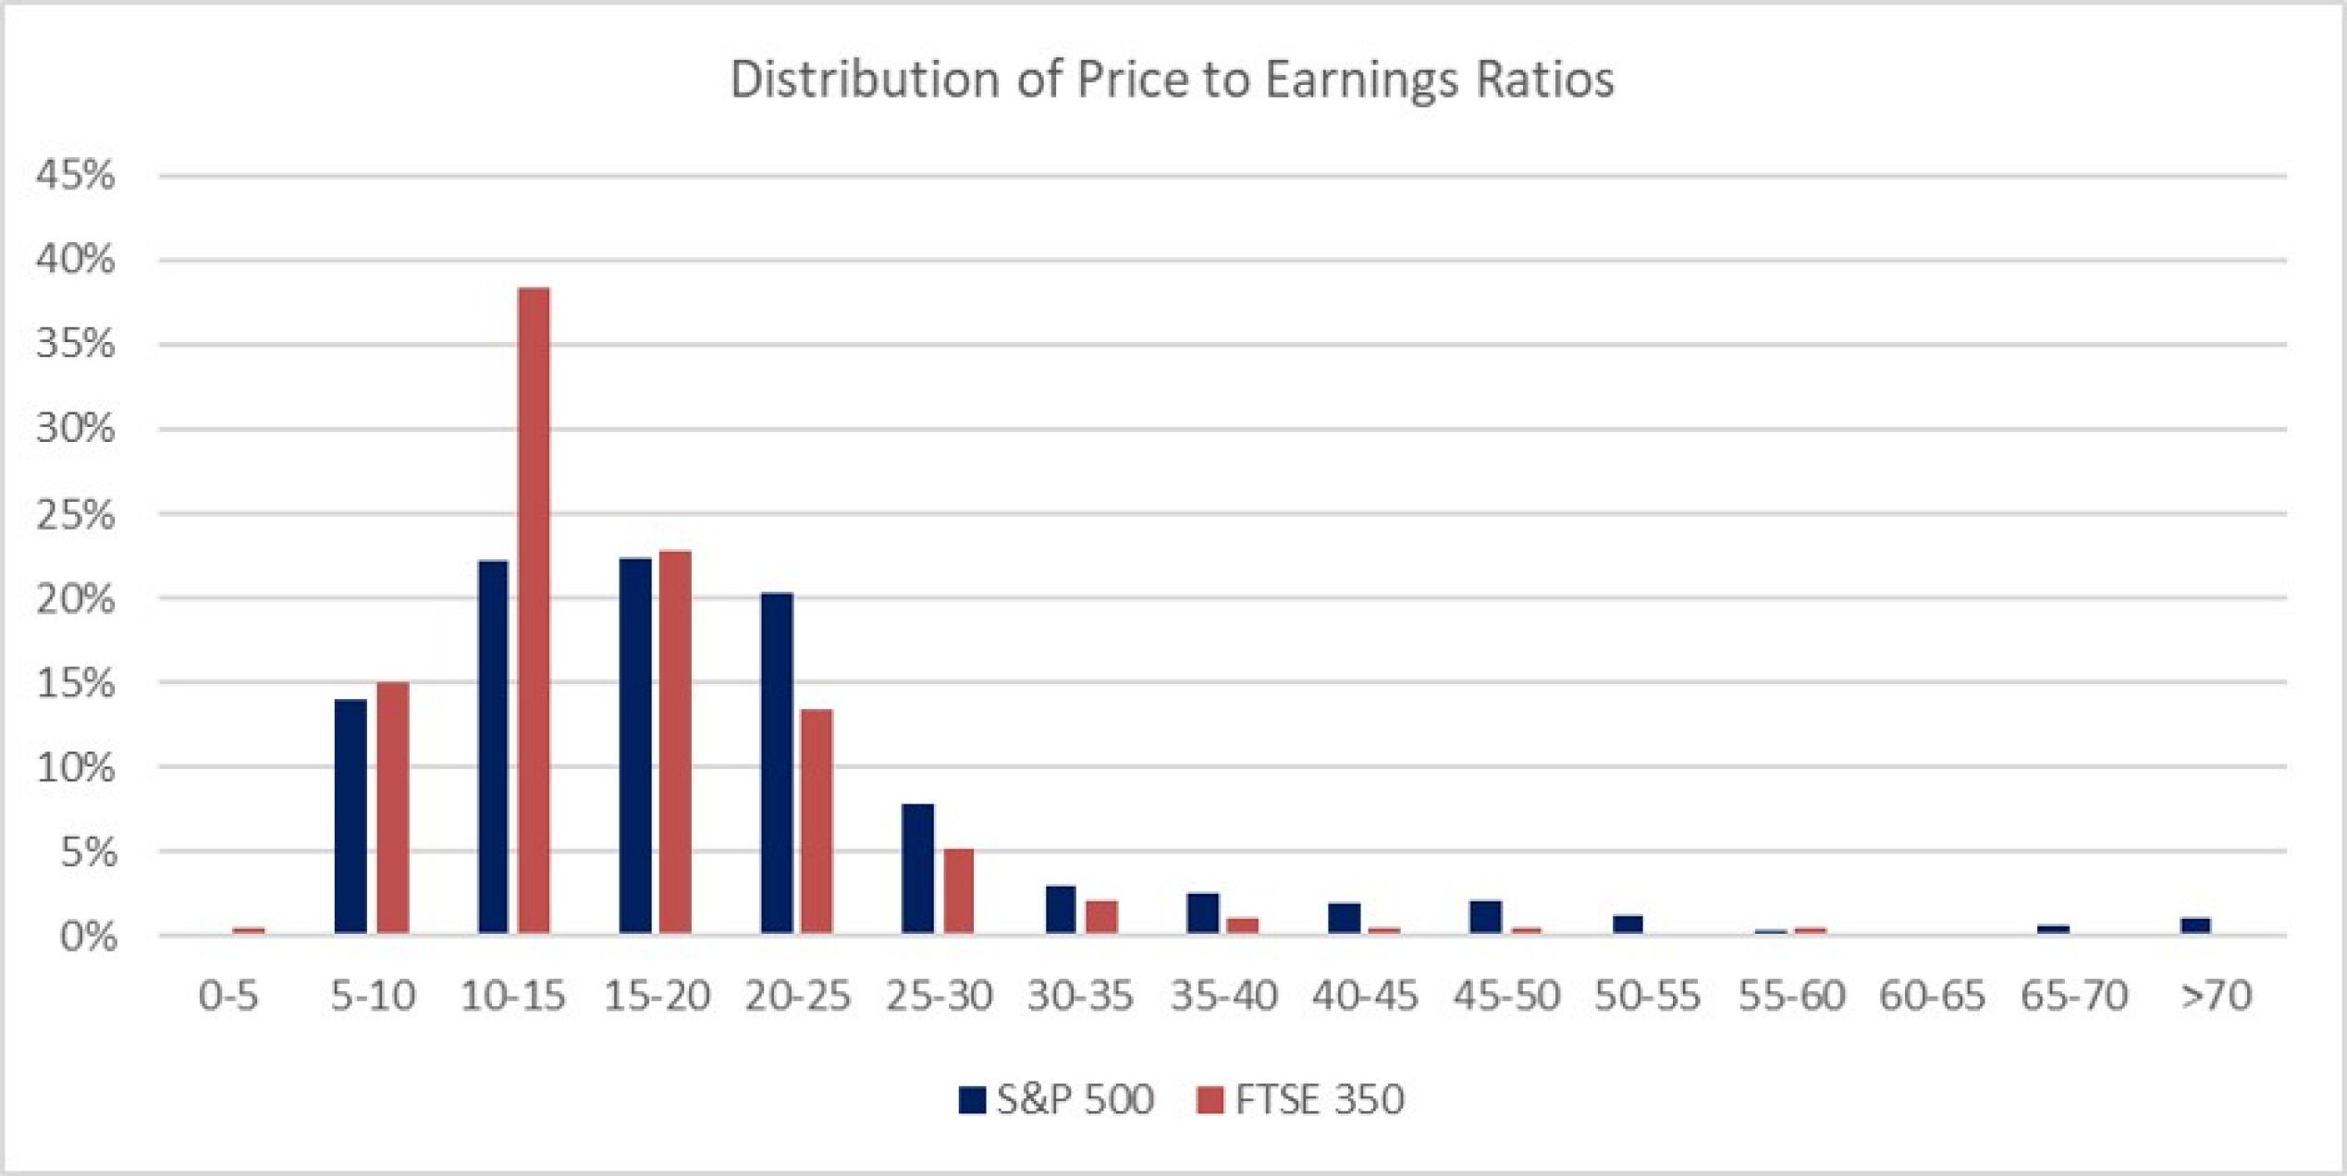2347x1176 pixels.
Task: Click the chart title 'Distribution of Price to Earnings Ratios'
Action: pyautogui.click(x=1172, y=80)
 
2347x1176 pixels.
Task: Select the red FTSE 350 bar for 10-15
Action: pyautogui.click(x=534, y=610)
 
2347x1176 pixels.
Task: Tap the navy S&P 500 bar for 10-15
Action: pyautogui.click(x=493, y=747)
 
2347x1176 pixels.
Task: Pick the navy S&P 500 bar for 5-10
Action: pyautogui.click(x=350, y=816)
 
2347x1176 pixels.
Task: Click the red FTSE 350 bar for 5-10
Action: pyautogui.click(x=392, y=807)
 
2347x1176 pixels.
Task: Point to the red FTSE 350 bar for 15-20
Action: pyautogui.click(x=675, y=741)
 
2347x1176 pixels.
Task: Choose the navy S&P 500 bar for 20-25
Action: pyautogui.click(x=777, y=763)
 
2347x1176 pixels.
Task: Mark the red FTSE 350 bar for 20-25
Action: pyautogui.click(x=817, y=821)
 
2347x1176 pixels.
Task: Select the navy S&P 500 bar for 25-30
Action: pyautogui.click(x=917, y=868)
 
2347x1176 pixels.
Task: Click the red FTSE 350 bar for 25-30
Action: pyautogui.click(x=958, y=890)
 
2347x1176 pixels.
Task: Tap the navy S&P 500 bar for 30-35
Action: pyautogui.click(x=1061, y=910)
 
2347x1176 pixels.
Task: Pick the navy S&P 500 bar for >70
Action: pyautogui.click(x=2195, y=925)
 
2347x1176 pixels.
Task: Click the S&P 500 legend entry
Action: pyautogui.click(x=1057, y=1099)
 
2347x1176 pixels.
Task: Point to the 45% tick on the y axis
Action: pyautogui.click(x=76, y=175)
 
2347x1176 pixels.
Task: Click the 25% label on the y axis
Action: pyautogui.click(x=76, y=514)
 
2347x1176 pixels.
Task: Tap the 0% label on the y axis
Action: pyautogui.click(x=88, y=937)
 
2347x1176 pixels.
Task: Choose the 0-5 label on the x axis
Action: pyautogui.click(x=228, y=996)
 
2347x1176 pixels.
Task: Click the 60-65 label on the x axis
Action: pyautogui.click(x=1932, y=996)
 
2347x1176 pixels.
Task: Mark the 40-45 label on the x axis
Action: pyautogui.click(x=1364, y=996)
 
